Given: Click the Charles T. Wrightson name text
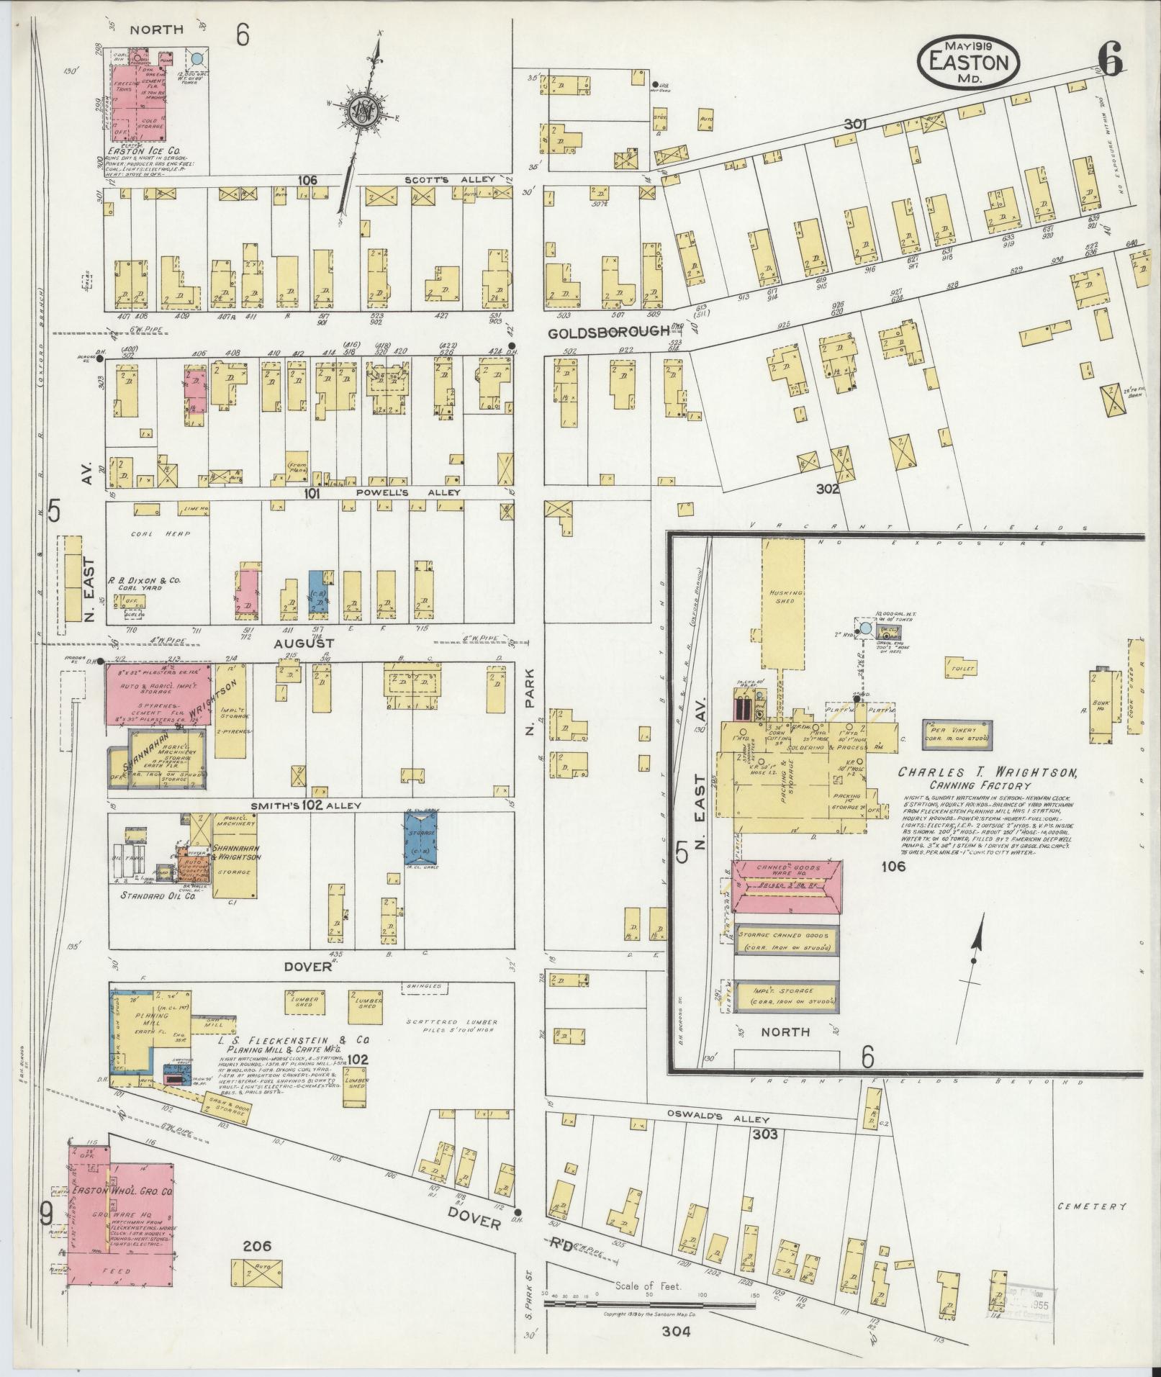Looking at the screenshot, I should click(987, 773).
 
